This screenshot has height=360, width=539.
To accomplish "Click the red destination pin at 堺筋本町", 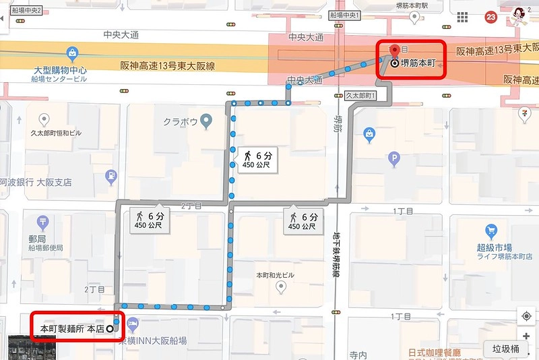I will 394,51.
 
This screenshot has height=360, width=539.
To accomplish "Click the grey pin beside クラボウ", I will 207,121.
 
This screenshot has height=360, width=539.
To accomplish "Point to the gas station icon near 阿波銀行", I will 110,177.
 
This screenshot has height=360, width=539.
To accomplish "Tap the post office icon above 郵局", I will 43,221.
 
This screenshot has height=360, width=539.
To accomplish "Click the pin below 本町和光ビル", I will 282,288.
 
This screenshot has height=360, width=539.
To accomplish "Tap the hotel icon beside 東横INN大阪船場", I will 132,325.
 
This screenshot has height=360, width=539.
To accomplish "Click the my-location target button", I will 526,316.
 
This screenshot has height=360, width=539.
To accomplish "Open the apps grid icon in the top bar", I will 462,18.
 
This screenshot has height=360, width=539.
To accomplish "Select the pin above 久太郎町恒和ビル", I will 44,121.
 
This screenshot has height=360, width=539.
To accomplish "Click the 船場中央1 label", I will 346,13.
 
